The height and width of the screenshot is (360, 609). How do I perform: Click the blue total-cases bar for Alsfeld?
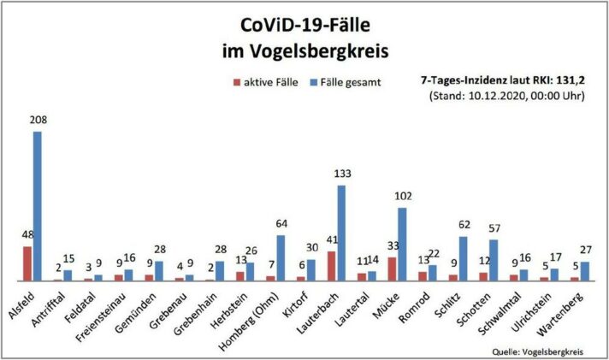(38, 206)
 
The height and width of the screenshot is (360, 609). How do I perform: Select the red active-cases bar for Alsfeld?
(27, 263)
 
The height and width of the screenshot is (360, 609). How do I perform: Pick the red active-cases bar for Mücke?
(393, 269)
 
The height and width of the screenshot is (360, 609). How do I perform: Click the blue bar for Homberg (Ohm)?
(281, 257)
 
